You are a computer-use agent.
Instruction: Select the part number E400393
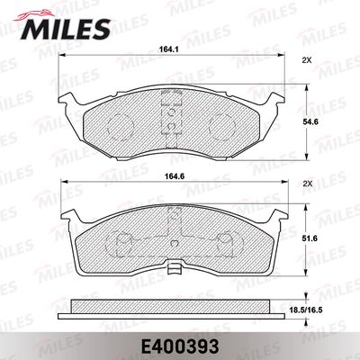(x=179, y=343)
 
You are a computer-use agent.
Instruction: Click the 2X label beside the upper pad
(x=307, y=61)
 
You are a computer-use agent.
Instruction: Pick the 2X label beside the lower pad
(x=307, y=184)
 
